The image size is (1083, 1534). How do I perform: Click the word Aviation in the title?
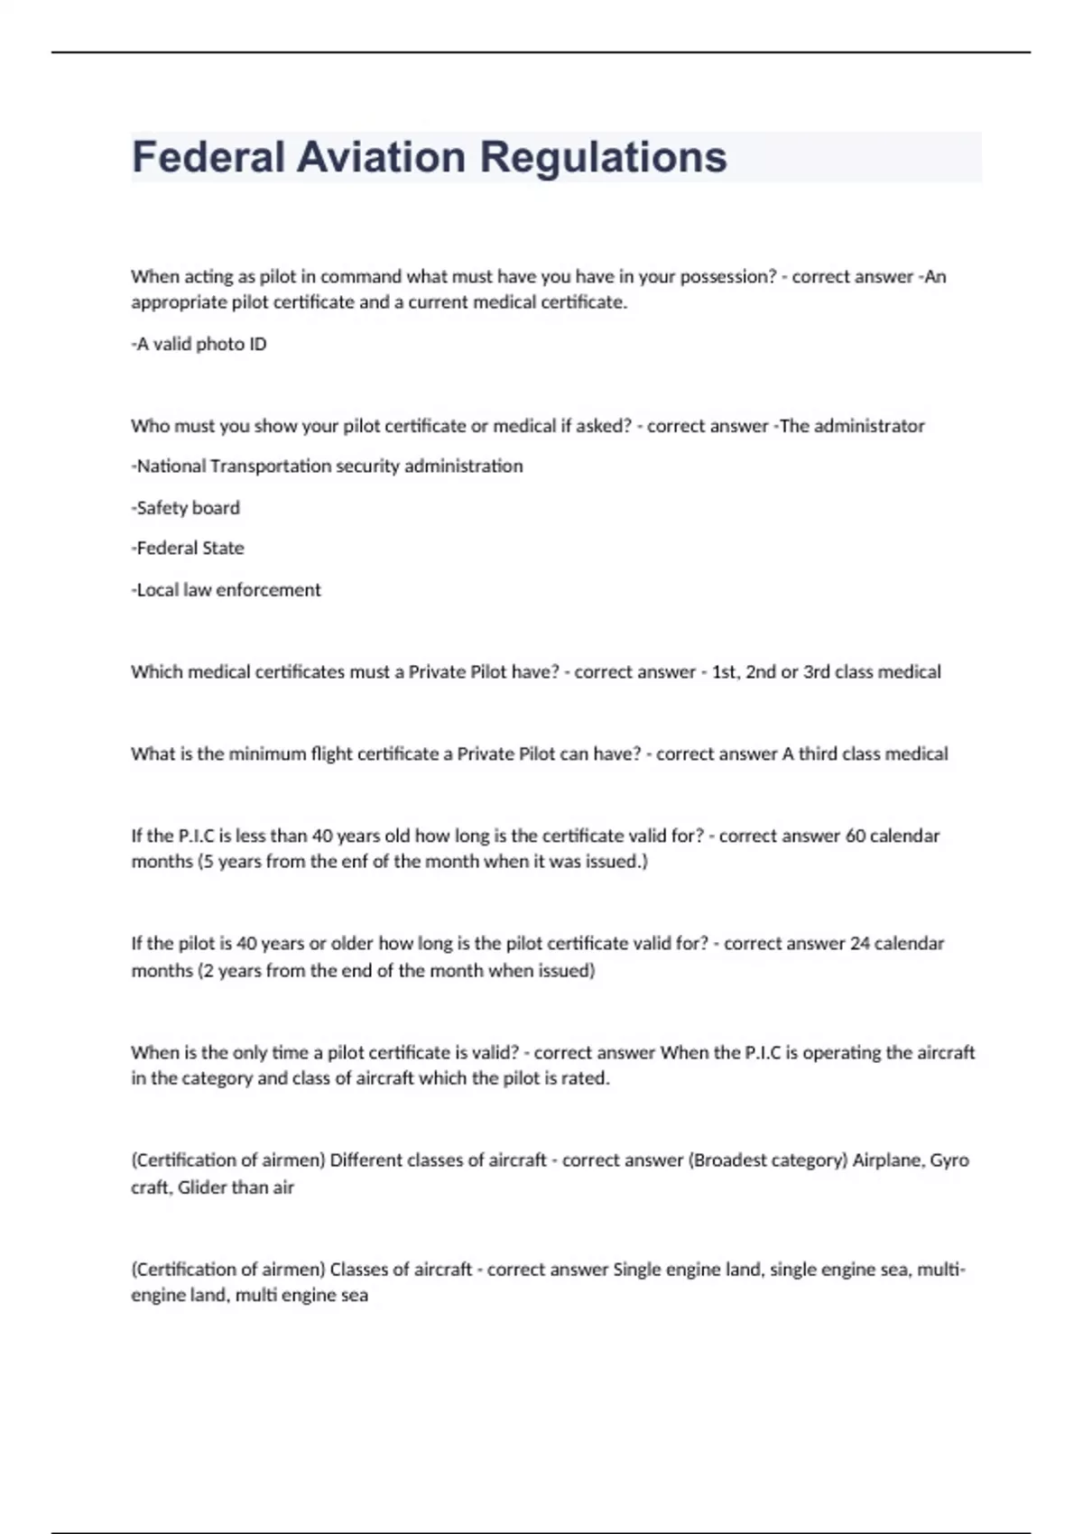382,157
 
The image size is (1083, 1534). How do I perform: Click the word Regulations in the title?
603,157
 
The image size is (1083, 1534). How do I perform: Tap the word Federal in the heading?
208,157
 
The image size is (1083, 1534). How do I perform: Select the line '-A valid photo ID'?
199,344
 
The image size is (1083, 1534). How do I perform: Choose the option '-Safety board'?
186,508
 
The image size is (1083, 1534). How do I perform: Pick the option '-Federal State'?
188,549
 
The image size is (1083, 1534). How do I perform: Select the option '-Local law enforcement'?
227,590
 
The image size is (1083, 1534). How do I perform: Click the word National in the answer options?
171,467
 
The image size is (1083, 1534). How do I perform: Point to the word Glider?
203,1187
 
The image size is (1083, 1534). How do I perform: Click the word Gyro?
949,1160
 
